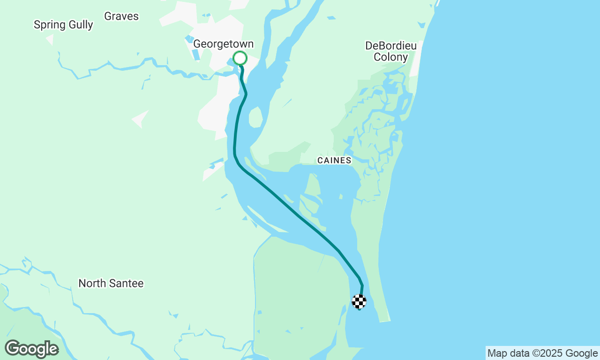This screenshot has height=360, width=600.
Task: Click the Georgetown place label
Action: tap(224, 44)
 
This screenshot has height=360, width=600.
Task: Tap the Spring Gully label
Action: tap(63, 25)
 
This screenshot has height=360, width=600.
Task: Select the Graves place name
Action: tap(121, 16)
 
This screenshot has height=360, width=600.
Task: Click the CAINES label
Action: tap(334, 160)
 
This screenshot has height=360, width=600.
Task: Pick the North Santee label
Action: tap(111, 283)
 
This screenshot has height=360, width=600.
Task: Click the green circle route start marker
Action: tap(240, 58)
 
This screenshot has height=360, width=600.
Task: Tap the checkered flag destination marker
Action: tap(359, 301)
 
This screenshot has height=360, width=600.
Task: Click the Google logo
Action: tap(31, 349)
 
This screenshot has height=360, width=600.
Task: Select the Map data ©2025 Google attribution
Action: tap(542, 353)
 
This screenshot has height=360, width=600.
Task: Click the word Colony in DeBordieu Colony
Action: tap(391, 58)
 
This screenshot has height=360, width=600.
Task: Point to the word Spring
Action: tap(50, 25)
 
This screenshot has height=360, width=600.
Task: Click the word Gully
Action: tap(81, 25)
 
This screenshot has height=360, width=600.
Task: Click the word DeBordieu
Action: tap(391, 46)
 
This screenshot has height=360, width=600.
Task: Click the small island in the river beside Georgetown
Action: tap(255, 117)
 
